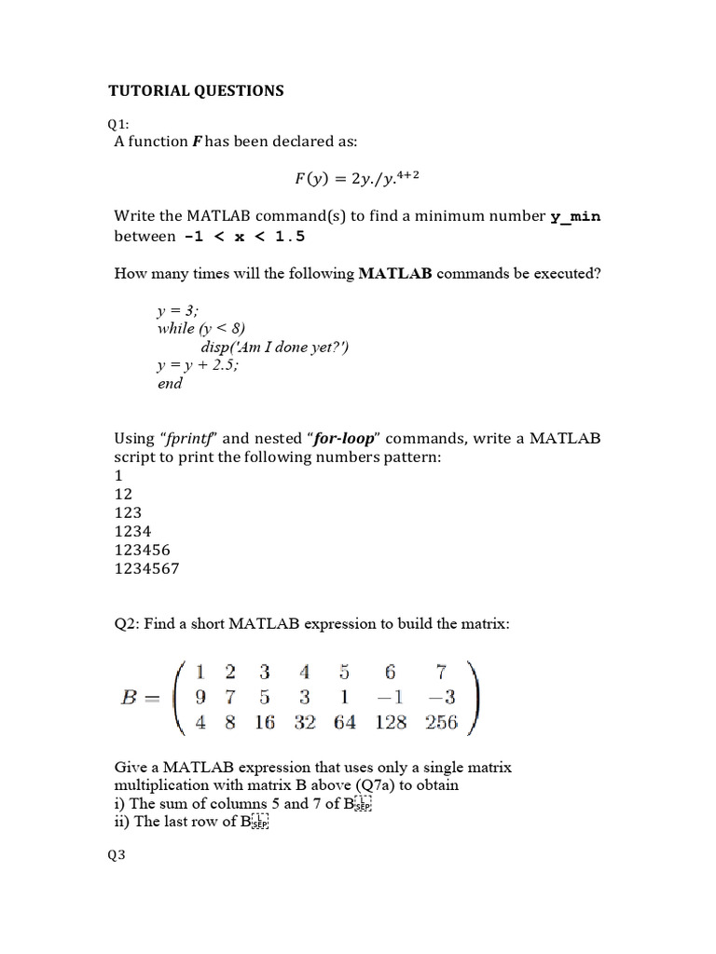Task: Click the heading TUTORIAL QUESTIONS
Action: point(196,91)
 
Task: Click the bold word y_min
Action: point(575,217)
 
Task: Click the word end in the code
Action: point(170,383)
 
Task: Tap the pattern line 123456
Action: point(142,550)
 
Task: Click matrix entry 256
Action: point(442,722)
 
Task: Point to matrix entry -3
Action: point(442,697)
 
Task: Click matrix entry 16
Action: point(265,722)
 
